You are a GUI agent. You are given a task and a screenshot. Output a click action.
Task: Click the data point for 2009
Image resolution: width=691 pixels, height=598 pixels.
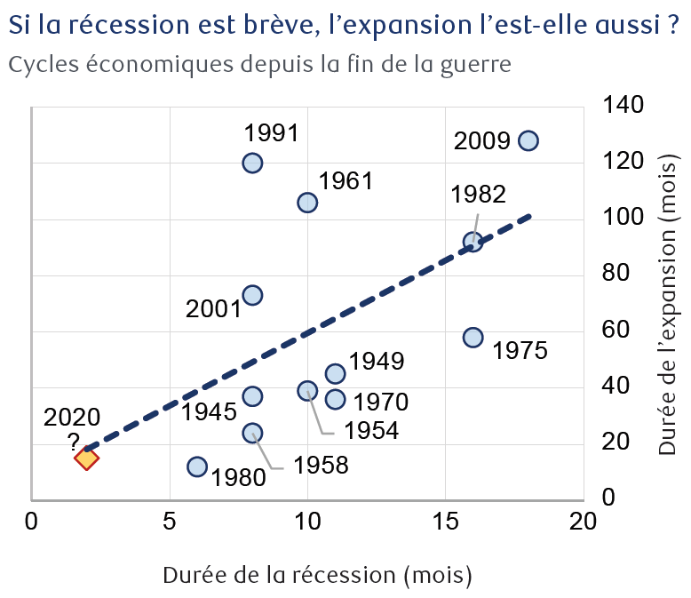pyautogui.click(x=528, y=141)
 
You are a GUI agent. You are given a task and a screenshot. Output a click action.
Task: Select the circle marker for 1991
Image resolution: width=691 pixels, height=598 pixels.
pyautogui.click(x=252, y=163)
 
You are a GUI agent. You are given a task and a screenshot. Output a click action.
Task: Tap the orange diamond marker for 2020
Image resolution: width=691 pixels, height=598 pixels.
pyautogui.click(x=86, y=458)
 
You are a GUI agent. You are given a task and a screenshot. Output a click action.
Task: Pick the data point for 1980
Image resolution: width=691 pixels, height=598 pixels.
pyautogui.click(x=197, y=466)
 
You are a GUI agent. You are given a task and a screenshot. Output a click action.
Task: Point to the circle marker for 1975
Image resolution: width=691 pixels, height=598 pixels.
pyautogui.click(x=473, y=338)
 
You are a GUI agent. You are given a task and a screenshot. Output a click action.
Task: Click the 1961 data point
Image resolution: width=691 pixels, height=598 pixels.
pyautogui.click(x=307, y=203)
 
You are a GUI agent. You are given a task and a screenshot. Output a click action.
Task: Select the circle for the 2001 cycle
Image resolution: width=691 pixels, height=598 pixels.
pyautogui.click(x=252, y=295)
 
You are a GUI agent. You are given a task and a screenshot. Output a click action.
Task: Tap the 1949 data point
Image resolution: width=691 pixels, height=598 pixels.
pyautogui.click(x=335, y=373)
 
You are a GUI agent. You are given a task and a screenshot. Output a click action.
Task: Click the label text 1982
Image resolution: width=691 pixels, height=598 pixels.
pyautogui.click(x=478, y=195)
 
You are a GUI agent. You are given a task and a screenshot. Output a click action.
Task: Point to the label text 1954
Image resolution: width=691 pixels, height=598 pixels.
pyautogui.click(x=371, y=432)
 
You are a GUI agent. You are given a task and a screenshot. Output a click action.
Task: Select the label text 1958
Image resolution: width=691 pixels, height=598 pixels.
pyautogui.click(x=322, y=465)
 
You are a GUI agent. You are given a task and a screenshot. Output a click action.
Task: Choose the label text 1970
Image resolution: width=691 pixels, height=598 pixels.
pyautogui.click(x=380, y=402)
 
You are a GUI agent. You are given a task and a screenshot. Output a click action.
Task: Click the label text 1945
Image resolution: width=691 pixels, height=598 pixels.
pyautogui.click(x=210, y=412)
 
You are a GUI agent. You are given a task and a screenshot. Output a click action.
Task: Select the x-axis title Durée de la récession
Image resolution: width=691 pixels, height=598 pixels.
pyautogui.click(x=317, y=575)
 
